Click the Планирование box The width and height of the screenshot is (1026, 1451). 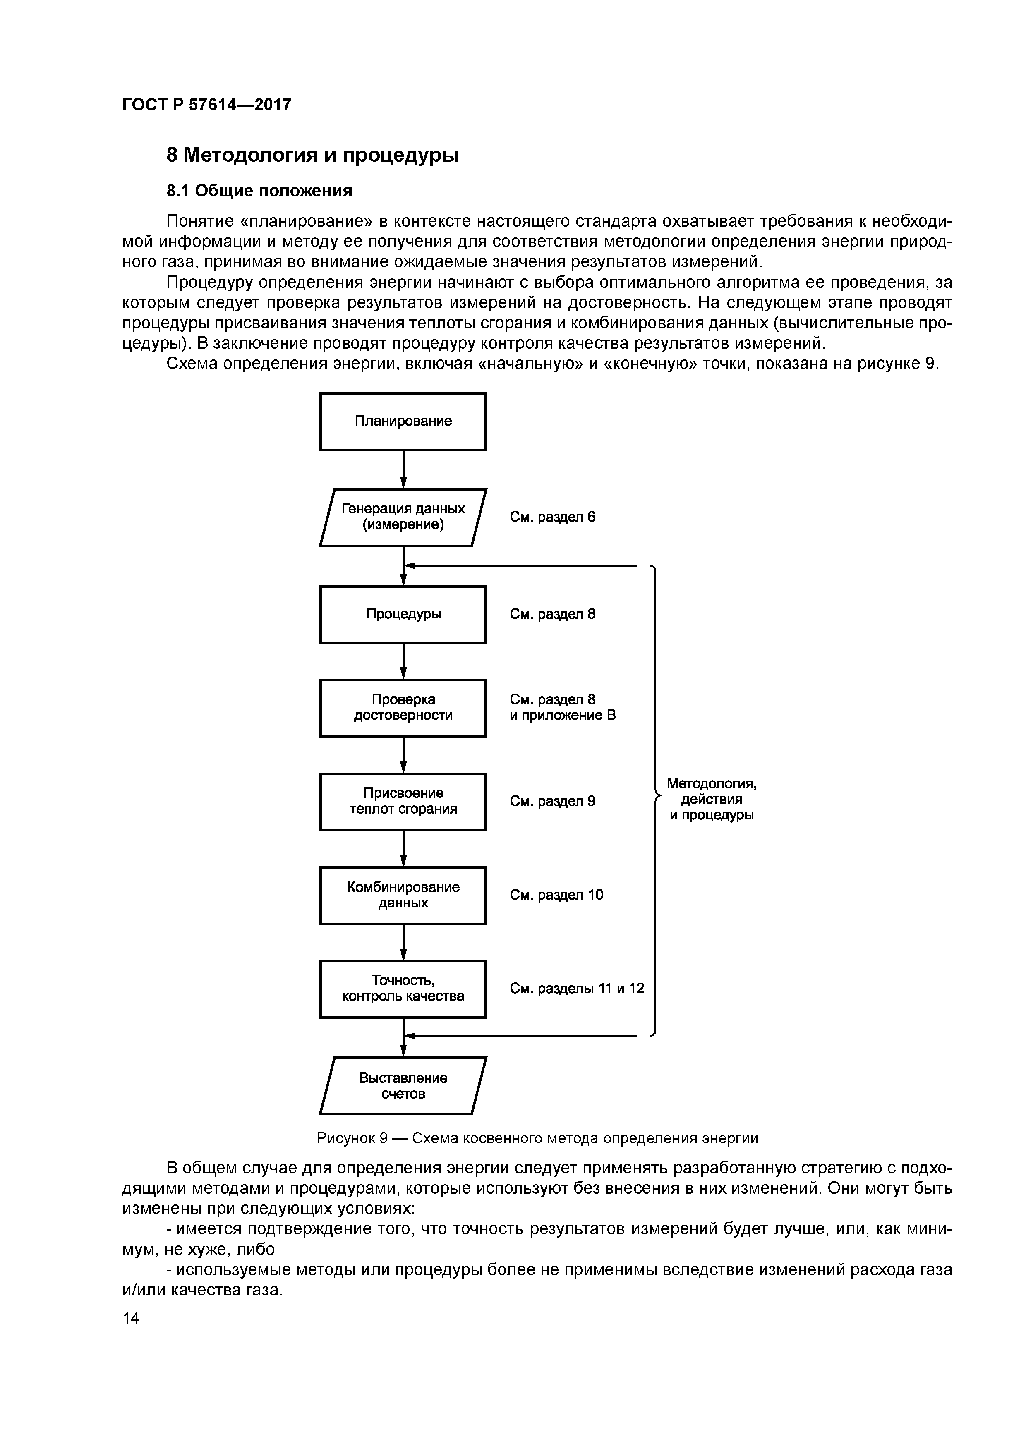point(403,421)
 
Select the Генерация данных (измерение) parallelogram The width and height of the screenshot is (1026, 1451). point(403,517)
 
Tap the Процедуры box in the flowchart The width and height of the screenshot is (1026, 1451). point(403,614)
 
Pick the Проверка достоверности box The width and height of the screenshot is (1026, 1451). point(403,708)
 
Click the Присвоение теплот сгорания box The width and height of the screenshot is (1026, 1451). point(403,801)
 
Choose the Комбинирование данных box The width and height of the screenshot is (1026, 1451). point(403,895)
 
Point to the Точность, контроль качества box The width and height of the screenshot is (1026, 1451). point(403,989)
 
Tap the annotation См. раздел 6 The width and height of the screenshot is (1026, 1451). point(553,517)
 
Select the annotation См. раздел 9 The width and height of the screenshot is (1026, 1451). point(553,801)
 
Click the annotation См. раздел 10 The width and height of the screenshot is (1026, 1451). point(556,895)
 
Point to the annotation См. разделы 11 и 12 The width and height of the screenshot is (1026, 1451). point(577,989)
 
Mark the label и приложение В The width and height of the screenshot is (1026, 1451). point(563,716)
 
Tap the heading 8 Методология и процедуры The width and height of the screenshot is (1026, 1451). point(312,155)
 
